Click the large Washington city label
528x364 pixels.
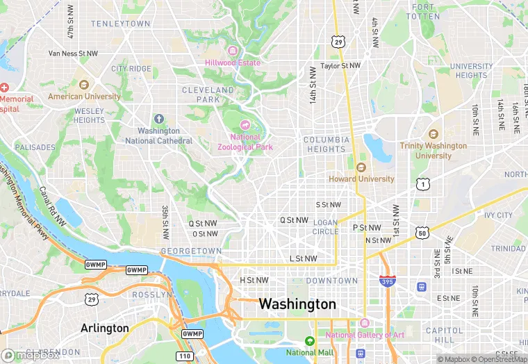[x=297, y=304]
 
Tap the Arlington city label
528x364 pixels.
[x=104, y=328]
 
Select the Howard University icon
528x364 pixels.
[x=361, y=167]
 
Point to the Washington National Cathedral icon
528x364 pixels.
[x=158, y=119]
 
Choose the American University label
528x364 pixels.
[x=84, y=97]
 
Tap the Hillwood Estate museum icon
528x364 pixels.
[x=232, y=51]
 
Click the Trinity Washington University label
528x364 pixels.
[x=433, y=151]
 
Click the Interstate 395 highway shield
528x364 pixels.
[x=388, y=281]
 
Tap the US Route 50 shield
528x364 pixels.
[x=422, y=233]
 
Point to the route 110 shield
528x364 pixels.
[x=185, y=356]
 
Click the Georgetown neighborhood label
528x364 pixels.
[x=190, y=251]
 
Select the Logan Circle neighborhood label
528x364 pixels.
[x=325, y=226]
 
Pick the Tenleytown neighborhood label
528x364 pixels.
[x=120, y=24]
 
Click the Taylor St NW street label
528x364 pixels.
[x=340, y=65]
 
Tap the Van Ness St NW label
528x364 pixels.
[x=73, y=53]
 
